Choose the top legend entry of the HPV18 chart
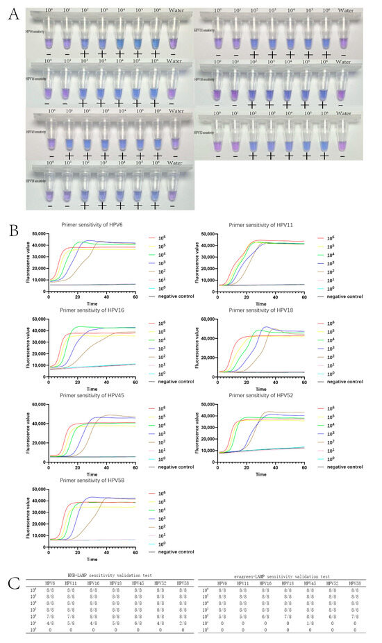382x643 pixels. [x=336, y=324]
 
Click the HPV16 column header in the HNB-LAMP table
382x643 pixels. [x=94, y=583]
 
